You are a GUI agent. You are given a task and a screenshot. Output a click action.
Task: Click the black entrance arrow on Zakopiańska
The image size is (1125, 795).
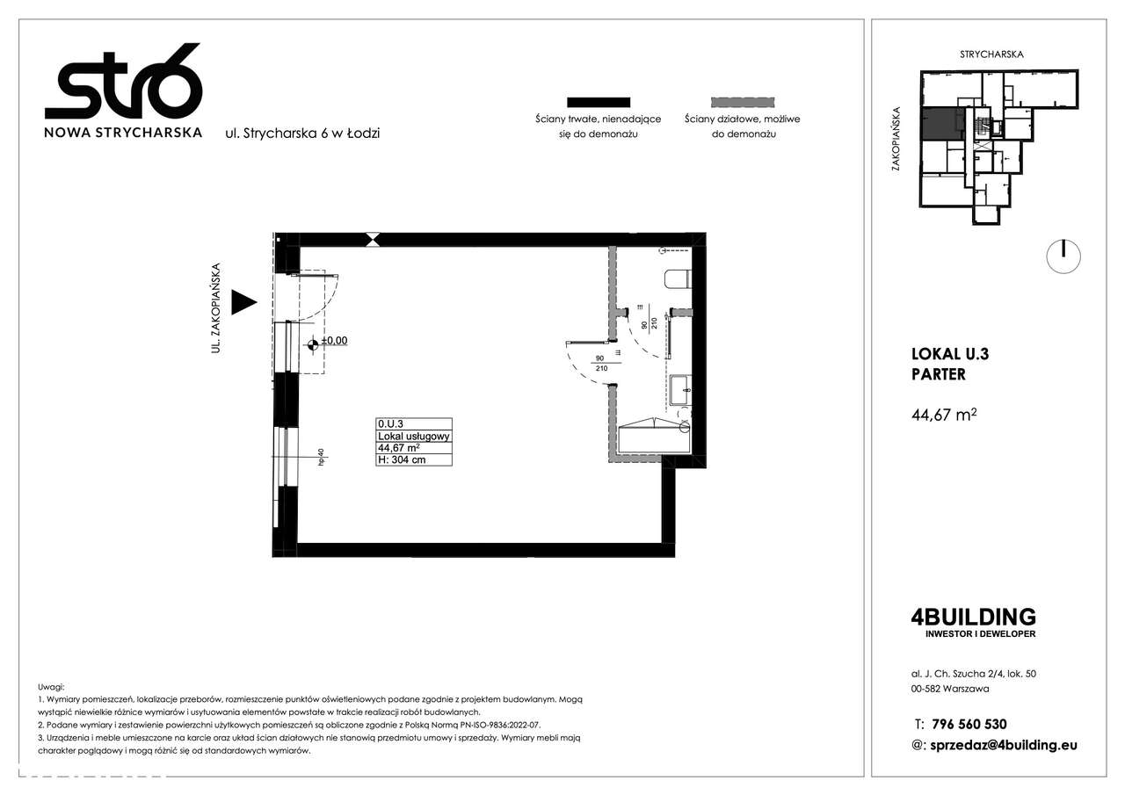(x=243, y=303)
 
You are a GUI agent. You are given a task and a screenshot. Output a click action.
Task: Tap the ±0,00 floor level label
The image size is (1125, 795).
(x=334, y=341)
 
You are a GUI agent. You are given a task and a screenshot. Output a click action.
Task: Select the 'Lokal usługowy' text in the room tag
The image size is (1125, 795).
(x=413, y=436)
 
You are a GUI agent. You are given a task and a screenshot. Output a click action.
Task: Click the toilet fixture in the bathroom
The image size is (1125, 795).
(x=678, y=279)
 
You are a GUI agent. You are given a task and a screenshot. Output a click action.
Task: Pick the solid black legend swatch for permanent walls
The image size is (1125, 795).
(x=598, y=102)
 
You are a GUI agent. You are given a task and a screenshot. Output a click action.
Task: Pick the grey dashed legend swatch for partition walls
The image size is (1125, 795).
(x=742, y=102)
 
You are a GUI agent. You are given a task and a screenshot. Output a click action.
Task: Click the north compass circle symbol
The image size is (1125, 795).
(x=1063, y=256)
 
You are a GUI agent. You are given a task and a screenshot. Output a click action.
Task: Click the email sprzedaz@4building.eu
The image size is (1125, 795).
(x=1003, y=745)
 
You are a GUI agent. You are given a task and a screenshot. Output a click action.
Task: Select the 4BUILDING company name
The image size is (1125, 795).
(x=974, y=617)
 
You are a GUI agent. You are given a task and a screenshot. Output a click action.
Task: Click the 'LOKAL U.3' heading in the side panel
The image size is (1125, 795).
(x=950, y=354)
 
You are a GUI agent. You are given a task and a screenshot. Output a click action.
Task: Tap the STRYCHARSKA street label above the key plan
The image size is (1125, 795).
(x=991, y=54)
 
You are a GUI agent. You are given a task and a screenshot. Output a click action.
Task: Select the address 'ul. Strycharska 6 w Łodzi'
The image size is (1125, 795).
(x=303, y=134)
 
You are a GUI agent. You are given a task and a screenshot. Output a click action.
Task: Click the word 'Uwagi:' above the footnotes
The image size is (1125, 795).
(x=52, y=686)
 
